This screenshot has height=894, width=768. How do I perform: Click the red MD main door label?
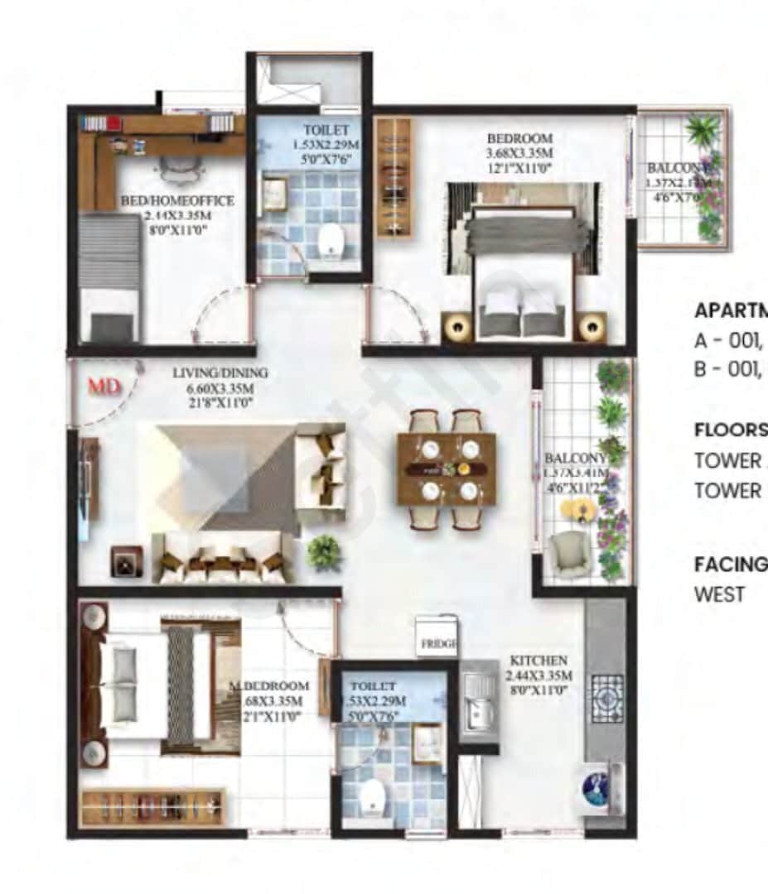[105, 386]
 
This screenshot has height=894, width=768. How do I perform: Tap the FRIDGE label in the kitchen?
[437, 643]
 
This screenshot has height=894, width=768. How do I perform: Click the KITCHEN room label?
[539, 661]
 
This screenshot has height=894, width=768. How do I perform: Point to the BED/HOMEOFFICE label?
[177, 201]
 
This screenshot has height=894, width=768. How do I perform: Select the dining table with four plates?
[447, 469]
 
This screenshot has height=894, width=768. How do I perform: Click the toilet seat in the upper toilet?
[330, 241]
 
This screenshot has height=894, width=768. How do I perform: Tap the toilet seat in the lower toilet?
[372, 797]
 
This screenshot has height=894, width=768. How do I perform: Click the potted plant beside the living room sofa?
[324, 552]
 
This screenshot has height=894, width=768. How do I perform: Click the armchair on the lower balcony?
[570, 553]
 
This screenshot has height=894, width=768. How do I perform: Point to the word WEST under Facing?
[719, 594]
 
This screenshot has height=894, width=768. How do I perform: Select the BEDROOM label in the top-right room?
[519, 138]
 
